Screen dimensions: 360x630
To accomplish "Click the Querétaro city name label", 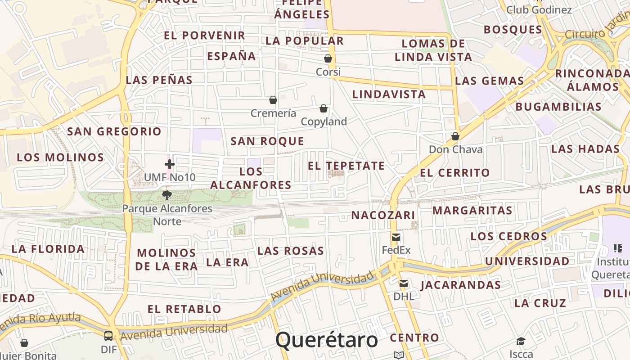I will pyautogui.click(x=326, y=340).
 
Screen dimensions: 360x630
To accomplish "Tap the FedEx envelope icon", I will pyautogui.click(x=396, y=237).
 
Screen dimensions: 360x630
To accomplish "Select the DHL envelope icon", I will pyautogui.click(x=404, y=283).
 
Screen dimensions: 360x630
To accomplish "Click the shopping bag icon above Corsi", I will pyautogui.click(x=328, y=58).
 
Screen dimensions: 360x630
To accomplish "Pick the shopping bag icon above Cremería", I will pyautogui.click(x=273, y=99).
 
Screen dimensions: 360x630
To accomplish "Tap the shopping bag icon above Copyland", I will pyautogui.click(x=323, y=108).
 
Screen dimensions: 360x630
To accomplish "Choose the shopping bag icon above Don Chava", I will pyautogui.click(x=455, y=136).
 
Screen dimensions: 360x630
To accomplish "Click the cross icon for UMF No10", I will pyautogui.click(x=169, y=164).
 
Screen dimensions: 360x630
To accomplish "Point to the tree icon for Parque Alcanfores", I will pyautogui.click(x=167, y=195).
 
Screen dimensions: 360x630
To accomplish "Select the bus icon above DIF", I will pyautogui.click(x=108, y=336).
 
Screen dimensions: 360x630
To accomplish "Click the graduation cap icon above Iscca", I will pyautogui.click(x=521, y=341).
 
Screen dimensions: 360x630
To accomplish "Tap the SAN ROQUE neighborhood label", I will pyautogui.click(x=267, y=141).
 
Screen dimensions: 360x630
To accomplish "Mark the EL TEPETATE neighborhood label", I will pyautogui.click(x=346, y=166).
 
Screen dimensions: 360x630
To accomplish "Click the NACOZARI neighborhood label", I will pyautogui.click(x=383, y=215).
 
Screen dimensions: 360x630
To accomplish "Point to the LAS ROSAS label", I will pyautogui.click(x=290, y=251).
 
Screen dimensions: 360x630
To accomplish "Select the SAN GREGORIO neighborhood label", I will pyautogui.click(x=114, y=131).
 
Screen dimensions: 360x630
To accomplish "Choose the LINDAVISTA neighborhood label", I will pyautogui.click(x=389, y=94).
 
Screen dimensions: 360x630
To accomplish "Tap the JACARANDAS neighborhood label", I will pyautogui.click(x=460, y=285).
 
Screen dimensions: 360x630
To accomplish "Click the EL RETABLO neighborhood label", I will pyautogui.click(x=184, y=309).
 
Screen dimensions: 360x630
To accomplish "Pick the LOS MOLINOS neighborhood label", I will pyautogui.click(x=60, y=157).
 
